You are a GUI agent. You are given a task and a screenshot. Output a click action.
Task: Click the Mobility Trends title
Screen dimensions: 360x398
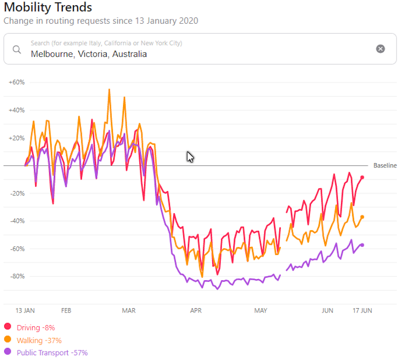tap(48, 7)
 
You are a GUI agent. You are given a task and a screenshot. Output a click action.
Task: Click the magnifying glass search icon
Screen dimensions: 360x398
tap(17, 49)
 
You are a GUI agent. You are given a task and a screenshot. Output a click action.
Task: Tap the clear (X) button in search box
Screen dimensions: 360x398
tap(380, 49)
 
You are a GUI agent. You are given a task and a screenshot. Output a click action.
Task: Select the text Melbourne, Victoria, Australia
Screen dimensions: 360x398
tap(89, 54)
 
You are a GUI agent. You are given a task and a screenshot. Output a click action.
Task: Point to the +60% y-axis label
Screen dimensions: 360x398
tap(17, 82)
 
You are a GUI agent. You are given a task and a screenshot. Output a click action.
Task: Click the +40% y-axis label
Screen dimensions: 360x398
tap(17, 110)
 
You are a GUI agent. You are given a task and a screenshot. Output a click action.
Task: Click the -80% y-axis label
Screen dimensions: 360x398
tap(17, 276)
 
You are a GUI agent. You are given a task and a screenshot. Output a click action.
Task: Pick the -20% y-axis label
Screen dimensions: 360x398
tap(17, 193)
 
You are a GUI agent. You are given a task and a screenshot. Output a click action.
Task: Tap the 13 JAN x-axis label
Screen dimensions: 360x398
tap(25, 310)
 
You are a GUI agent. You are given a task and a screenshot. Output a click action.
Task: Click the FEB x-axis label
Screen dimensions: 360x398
tap(66, 310)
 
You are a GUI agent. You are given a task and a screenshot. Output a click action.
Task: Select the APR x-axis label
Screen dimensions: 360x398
tap(196, 310)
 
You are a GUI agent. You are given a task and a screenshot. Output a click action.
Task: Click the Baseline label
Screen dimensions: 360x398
tap(385, 166)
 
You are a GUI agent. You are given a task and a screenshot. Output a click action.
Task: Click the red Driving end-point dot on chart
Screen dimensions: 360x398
tap(362, 177)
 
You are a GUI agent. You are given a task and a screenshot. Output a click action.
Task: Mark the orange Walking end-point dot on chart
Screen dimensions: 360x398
tap(362, 217)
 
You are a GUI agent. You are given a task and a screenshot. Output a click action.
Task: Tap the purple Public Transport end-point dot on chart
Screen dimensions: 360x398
tap(362, 245)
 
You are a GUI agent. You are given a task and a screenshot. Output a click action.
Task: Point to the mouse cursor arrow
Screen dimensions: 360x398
tap(190, 157)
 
